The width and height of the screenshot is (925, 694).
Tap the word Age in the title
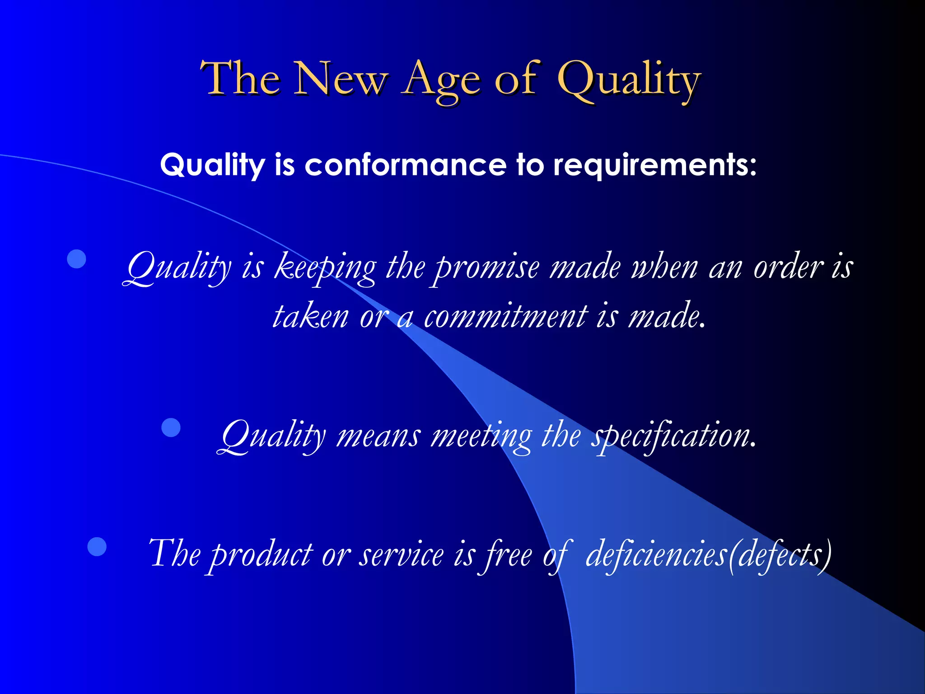[x=441, y=80]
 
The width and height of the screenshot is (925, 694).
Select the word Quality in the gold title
[x=629, y=80]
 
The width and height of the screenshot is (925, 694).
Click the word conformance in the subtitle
[x=405, y=165]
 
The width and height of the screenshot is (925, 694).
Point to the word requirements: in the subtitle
[x=654, y=165]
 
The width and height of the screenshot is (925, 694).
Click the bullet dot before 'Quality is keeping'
[x=76, y=259]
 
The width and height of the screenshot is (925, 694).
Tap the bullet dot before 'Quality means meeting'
[x=171, y=427]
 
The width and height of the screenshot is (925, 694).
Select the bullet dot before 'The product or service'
[x=97, y=546]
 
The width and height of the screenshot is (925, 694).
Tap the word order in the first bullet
[x=789, y=268]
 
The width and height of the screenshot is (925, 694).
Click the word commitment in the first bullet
[x=506, y=316]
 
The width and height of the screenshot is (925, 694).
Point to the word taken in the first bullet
[x=310, y=316]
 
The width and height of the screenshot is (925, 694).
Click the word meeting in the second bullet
[x=481, y=436]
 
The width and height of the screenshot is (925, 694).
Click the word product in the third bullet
[x=262, y=555]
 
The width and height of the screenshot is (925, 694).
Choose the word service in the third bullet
[x=402, y=555]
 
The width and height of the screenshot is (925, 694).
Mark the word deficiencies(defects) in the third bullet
[x=708, y=555]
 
